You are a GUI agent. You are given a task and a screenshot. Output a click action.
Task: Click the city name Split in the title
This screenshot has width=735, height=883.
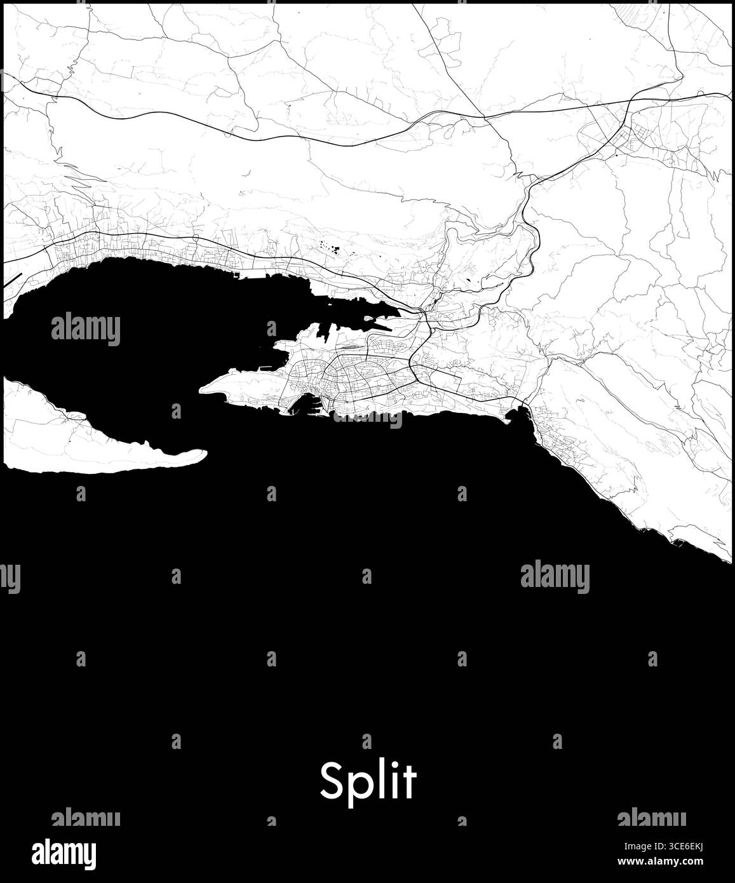coord(368,781)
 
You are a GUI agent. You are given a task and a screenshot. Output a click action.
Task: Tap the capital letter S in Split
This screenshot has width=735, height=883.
coord(331,781)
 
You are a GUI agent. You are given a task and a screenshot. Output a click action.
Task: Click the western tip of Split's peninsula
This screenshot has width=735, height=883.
coord(202,389)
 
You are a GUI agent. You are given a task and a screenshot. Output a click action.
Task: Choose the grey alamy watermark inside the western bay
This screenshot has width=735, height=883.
coord(85,329)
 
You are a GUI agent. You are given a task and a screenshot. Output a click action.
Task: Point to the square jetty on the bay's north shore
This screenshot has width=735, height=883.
coord(239,275)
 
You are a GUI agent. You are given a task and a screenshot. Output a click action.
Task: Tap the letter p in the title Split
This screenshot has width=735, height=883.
coord(357,786)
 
